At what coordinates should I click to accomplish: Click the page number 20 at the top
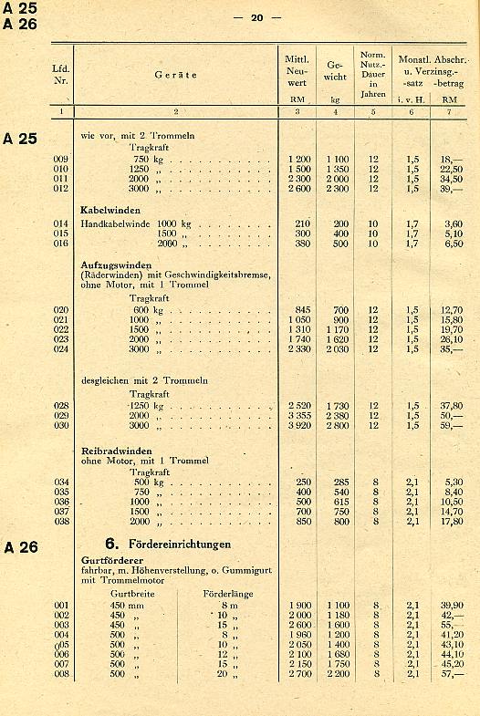click(x=257, y=16)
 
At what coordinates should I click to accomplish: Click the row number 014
click(x=61, y=223)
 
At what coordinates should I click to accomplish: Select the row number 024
click(x=61, y=348)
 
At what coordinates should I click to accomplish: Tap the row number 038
click(x=61, y=522)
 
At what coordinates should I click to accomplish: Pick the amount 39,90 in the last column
click(x=451, y=605)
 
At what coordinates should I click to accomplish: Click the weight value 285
click(x=339, y=482)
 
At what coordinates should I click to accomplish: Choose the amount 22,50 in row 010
click(x=451, y=169)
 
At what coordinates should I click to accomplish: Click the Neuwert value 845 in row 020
click(x=302, y=309)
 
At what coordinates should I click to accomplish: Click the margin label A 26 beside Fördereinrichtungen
click(x=20, y=548)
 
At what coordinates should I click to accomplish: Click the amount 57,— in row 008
click(x=451, y=674)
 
